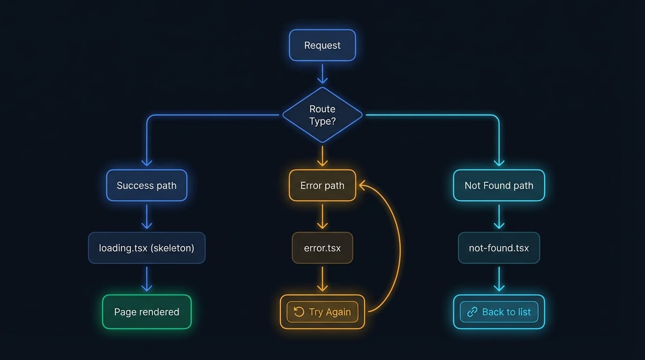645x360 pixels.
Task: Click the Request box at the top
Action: tap(322, 45)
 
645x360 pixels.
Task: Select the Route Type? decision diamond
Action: tap(322, 115)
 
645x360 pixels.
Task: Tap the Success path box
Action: tap(147, 186)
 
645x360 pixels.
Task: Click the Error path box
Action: tap(322, 186)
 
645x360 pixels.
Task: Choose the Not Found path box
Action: tap(499, 186)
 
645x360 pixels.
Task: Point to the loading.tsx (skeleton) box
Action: tap(147, 248)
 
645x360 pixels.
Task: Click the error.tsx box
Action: tap(322, 248)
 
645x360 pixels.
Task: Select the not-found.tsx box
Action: tap(499, 248)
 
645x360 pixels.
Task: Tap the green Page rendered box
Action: tap(147, 312)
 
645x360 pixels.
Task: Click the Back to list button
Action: tap(499, 312)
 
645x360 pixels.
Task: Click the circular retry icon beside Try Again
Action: tap(299, 312)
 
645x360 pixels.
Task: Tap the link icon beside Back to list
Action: tap(472, 312)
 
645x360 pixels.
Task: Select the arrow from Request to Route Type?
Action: tap(322, 74)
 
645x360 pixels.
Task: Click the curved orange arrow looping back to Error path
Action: tap(400, 248)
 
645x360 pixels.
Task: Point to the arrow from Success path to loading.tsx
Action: tap(147, 217)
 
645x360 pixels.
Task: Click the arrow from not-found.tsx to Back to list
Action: tap(499, 279)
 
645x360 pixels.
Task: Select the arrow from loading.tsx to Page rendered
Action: tap(147, 279)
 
